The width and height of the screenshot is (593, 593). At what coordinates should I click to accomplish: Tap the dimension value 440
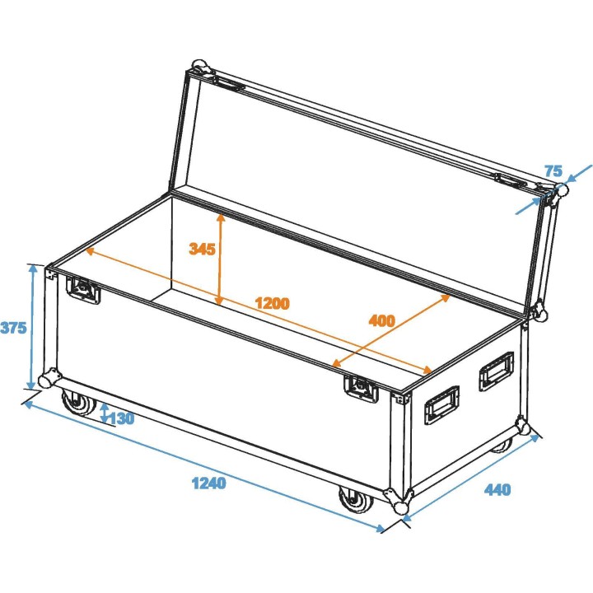pos(497,490)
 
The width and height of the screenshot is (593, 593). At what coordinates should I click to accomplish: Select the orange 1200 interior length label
pos(272,303)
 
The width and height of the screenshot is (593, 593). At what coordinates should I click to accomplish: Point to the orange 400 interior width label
pos(381,320)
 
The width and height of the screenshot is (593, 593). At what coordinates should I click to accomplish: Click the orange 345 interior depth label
pos(202,249)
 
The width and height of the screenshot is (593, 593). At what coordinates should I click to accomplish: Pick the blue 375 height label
pos(13,328)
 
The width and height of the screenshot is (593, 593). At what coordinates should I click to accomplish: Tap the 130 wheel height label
pos(121,418)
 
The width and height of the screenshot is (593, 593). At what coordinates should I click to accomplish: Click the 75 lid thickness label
pos(553,171)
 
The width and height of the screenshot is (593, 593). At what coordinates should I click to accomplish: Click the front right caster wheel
pos(354,501)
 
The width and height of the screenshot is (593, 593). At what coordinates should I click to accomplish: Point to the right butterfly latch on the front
pos(360,386)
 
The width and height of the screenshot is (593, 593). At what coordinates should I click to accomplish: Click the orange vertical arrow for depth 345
pos(220,259)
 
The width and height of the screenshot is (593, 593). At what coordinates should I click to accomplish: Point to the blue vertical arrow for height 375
pos(33,327)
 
